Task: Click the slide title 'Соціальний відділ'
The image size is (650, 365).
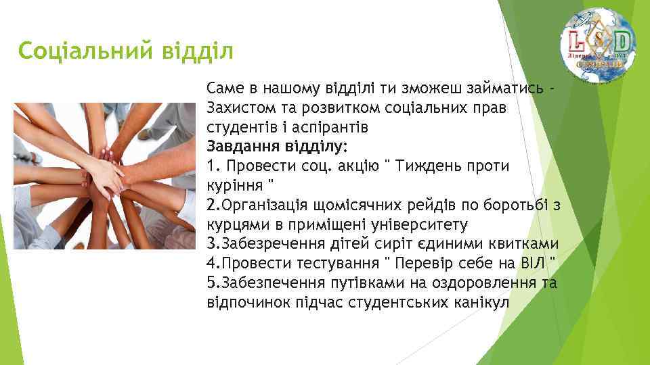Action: [126, 50]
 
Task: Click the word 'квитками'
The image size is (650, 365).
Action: [524, 243]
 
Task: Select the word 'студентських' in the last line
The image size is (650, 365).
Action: [394, 301]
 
